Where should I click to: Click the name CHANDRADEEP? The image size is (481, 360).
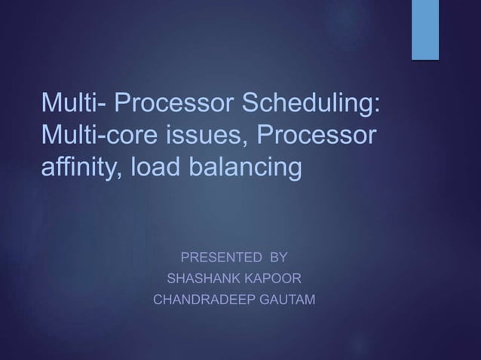pyautogui.click(x=206, y=301)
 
